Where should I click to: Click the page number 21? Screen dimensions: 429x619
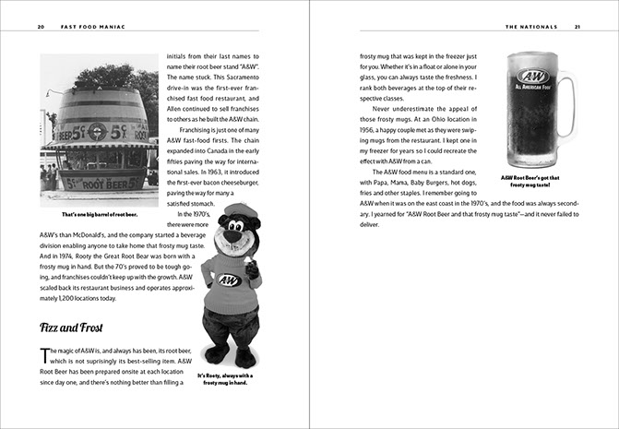tap(577, 28)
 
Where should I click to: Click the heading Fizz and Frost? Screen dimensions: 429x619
tap(77, 328)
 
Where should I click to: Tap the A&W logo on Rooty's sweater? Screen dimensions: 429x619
tap(229, 280)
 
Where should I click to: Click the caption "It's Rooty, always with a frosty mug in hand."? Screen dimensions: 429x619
tap(228, 379)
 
